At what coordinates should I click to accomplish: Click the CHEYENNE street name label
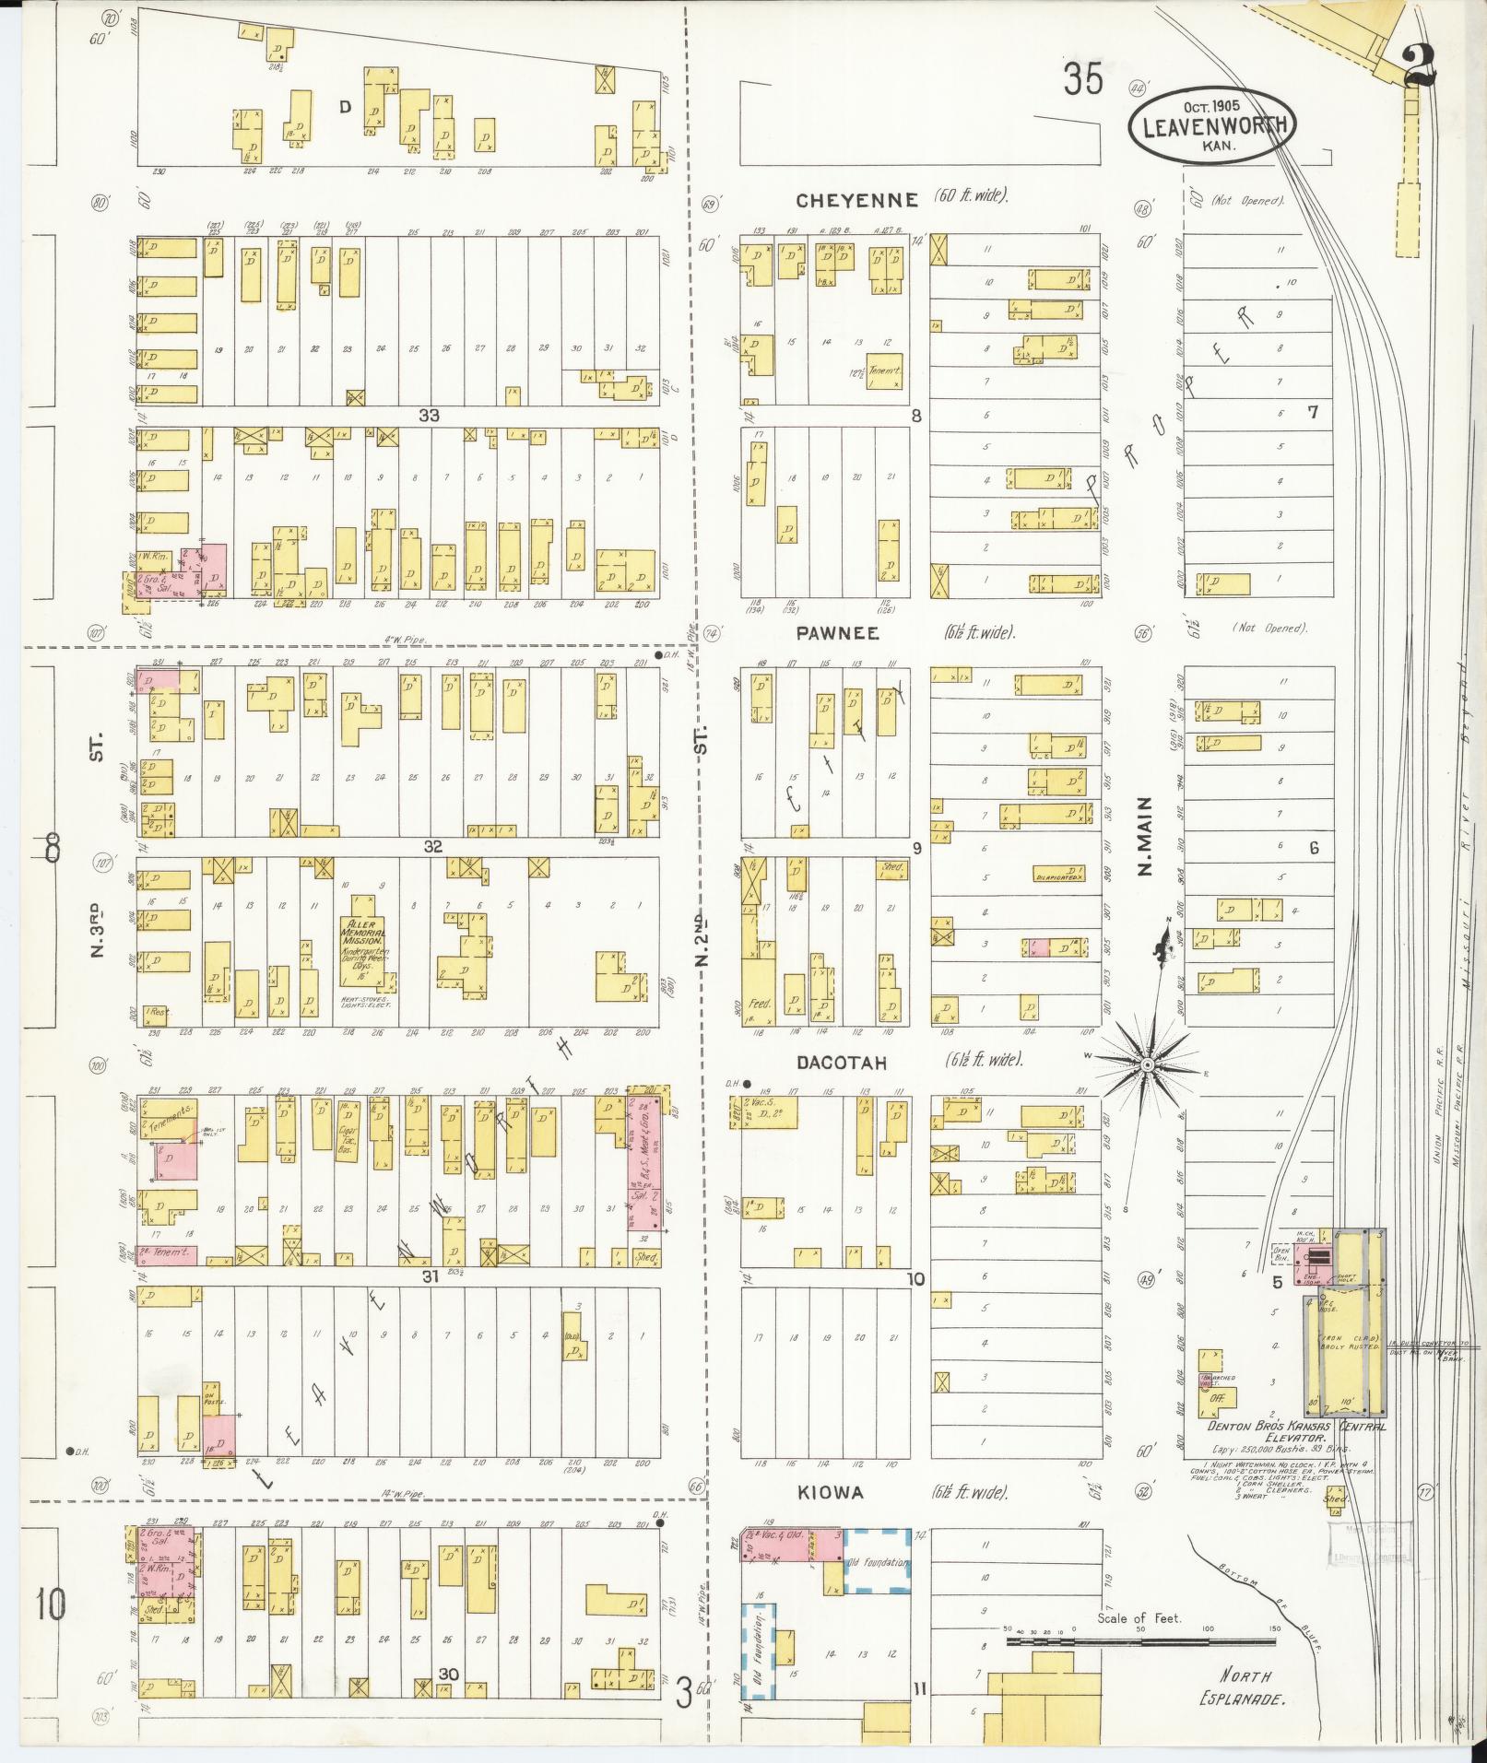(857, 200)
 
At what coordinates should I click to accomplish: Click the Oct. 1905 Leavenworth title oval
(1212, 126)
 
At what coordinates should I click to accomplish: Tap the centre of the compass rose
(1147, 1065)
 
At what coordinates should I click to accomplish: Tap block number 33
(429, 416)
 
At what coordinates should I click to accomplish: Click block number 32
(433, 846)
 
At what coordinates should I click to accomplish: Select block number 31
(430, 1276)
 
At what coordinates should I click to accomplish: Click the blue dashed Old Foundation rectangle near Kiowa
(878, 1562)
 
